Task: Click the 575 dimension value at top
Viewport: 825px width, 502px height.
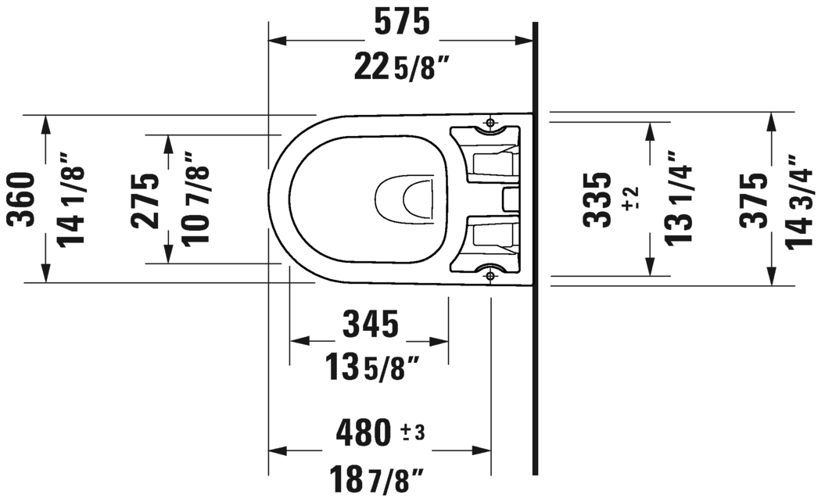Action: (401, 24)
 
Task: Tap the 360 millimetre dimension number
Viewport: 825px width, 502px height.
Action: (23, 199)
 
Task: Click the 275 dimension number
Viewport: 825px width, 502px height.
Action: (145, 199)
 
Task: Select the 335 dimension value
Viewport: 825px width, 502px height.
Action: (598, 199)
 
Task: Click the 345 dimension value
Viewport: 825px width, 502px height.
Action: (369, 324)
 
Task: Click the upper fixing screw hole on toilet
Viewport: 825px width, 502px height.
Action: (490, 123)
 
